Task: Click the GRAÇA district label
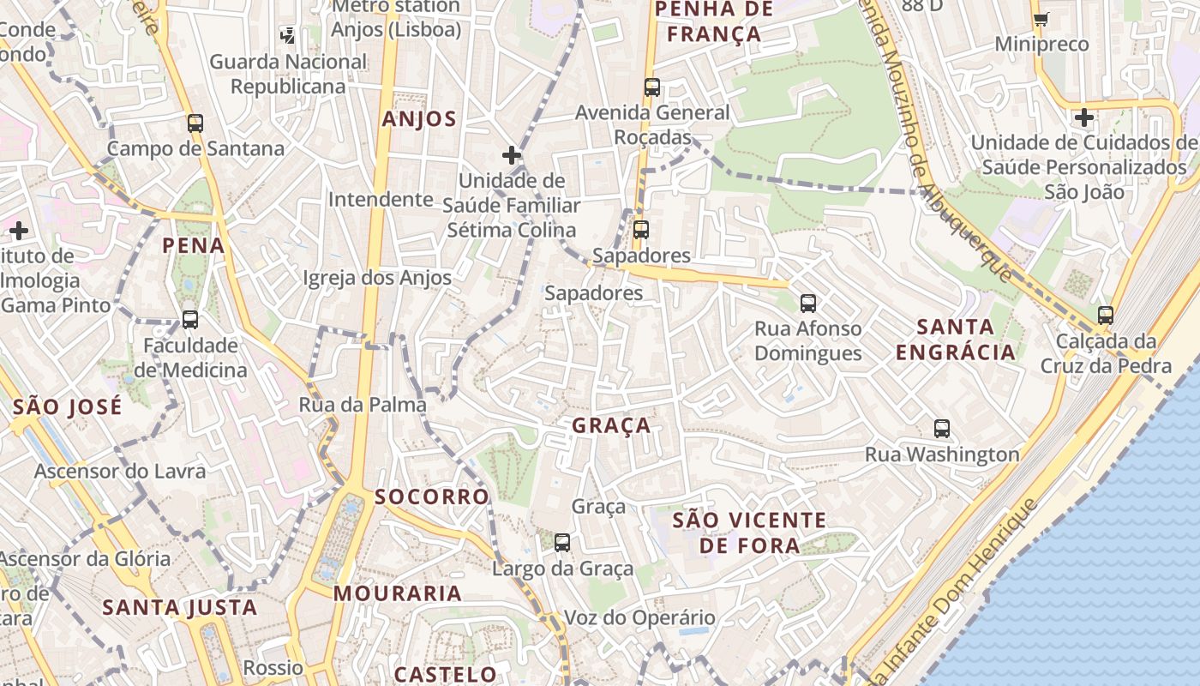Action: pos(611,426)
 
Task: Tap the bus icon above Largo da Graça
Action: pos(562,542)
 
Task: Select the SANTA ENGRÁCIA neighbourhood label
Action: pos(955,340)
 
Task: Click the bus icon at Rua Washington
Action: pos(942,428)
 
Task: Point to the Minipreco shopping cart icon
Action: pos(1041,19)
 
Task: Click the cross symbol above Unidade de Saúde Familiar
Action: pos(512,155)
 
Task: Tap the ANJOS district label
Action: pos(419,119)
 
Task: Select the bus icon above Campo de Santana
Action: pos(195,123)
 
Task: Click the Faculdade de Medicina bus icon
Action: pos(190,320)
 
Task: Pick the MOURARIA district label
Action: pos(398,593)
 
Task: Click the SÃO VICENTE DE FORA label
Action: pos(749,533)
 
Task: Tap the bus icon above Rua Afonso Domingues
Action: pos(808,303)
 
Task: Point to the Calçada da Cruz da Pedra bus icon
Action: pos(1106,315)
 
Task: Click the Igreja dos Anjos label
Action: pos(377,278)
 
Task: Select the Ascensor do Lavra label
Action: pos(120,472)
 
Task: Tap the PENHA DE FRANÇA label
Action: pos(713,22)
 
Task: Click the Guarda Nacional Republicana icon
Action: pos(288,35)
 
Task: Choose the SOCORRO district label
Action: pos(432,497)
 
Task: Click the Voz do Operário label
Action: pos(639,617)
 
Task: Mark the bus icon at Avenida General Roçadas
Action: pos(652,87)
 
